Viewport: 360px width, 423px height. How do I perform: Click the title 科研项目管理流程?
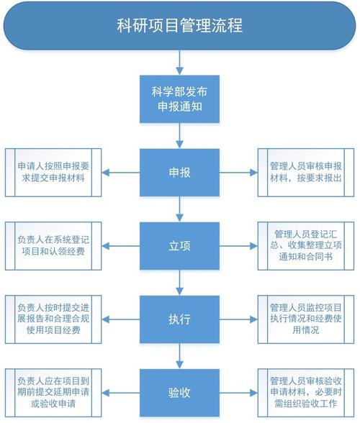click(x=179, y=27)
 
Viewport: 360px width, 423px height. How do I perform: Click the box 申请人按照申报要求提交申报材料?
click(x=53, y=173)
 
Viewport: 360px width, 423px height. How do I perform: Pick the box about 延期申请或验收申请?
click(x=53, y=393)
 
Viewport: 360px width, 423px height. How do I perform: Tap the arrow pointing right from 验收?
click(x=234, y=393)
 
